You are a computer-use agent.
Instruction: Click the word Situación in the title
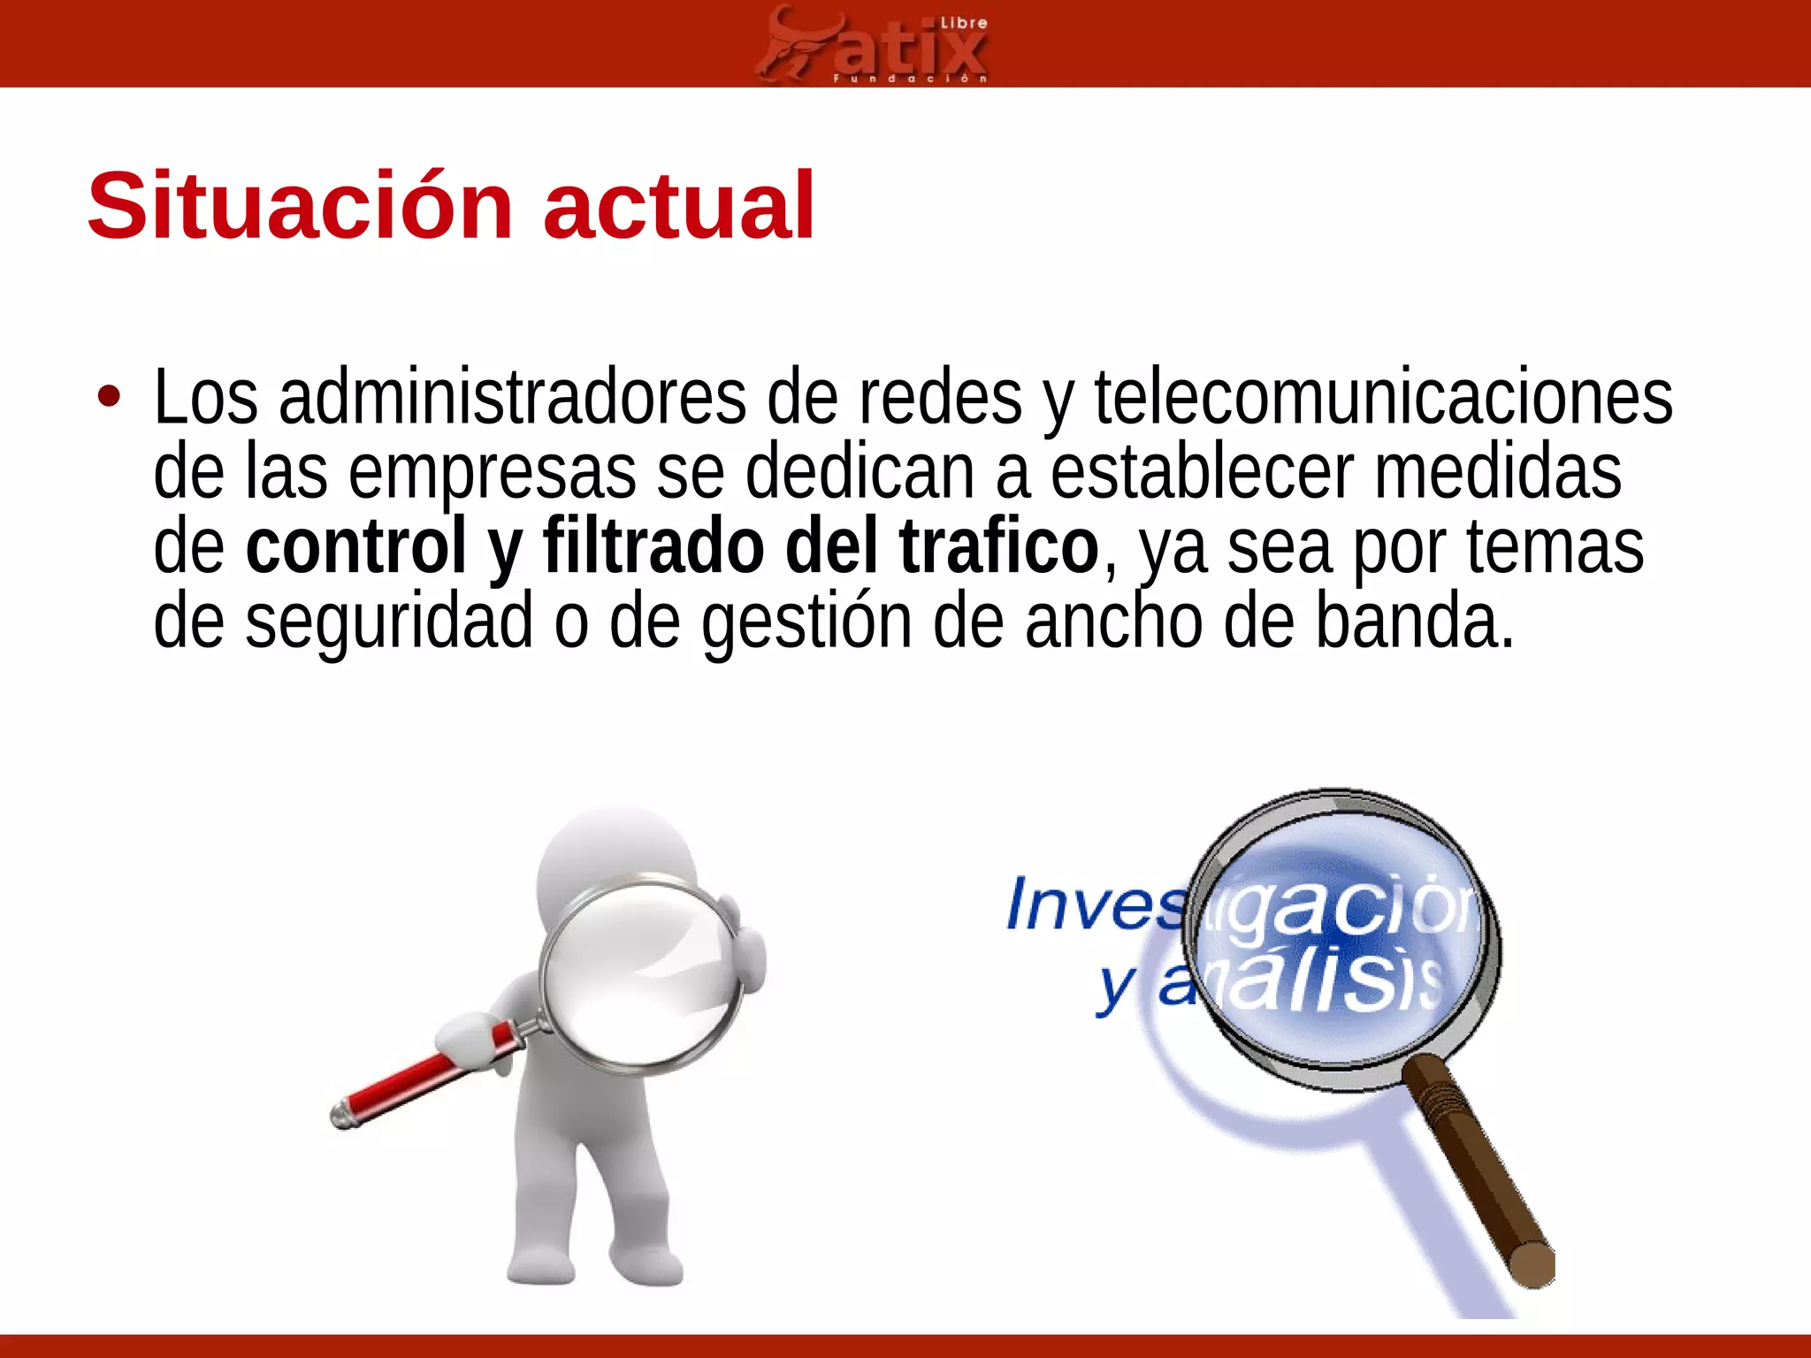(301, 207)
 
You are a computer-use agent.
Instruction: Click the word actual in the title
(678, 207)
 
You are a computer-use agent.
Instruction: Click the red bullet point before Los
(109, 397)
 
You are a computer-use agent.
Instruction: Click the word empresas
(492, 474)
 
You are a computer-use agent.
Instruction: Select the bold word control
(356, 547)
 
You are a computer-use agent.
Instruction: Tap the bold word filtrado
(653, 547)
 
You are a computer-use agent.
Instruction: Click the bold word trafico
(998, 547)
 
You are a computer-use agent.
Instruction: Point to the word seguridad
(389, 623)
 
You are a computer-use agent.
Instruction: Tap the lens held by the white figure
(641, 973)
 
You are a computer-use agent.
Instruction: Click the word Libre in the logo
(964, 24)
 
